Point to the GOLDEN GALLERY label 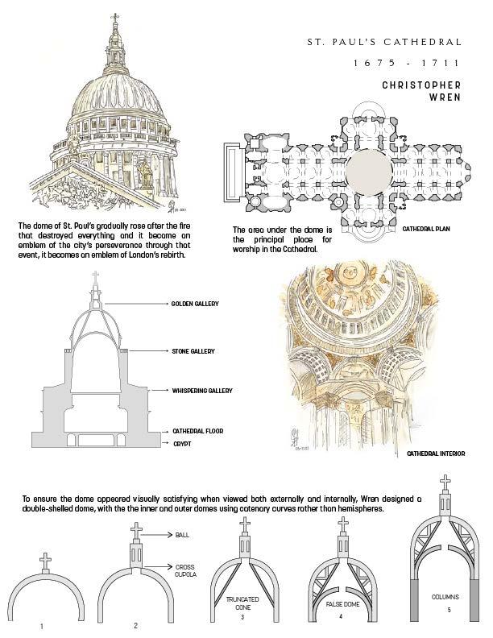click(x=197, y=304)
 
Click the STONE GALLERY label click(x=193, y=352)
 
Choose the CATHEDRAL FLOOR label click(x=197, y=431)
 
